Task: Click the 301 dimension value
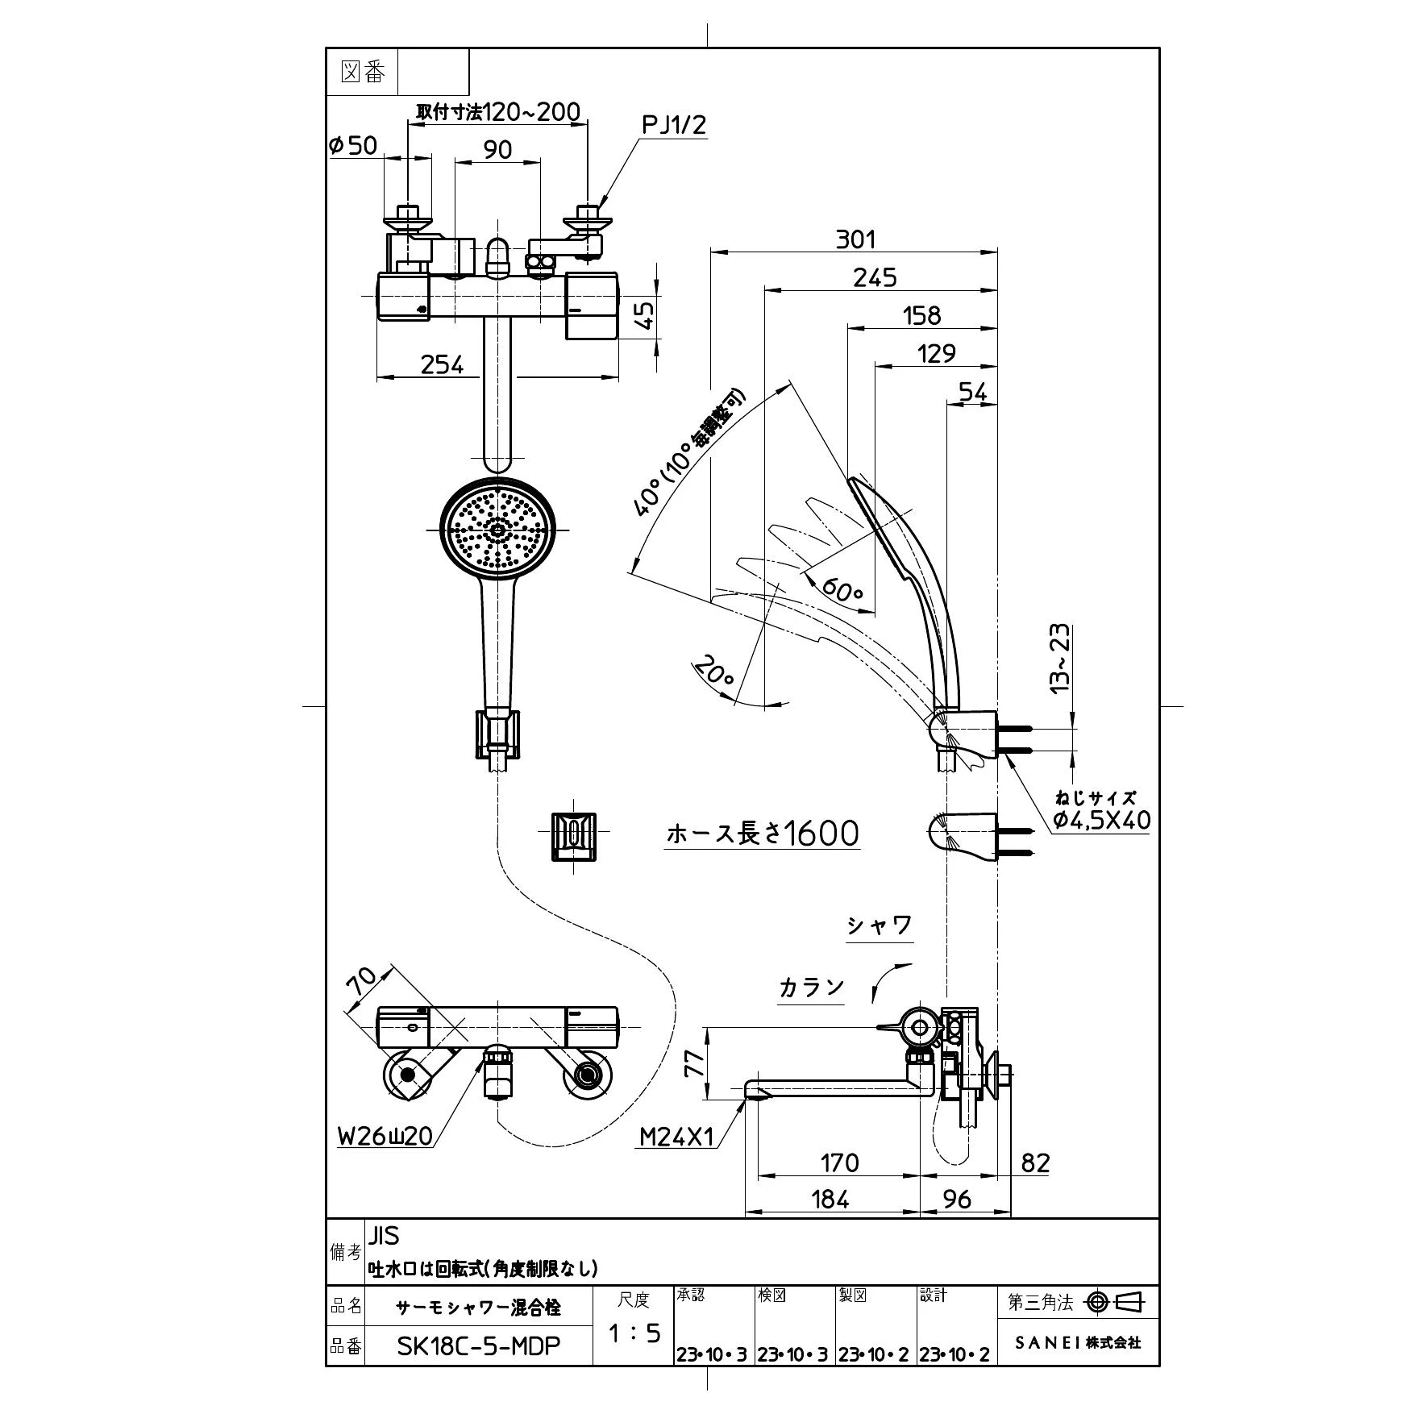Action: point(855,239)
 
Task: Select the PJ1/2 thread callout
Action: point(674,125)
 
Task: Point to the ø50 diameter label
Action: point(353,145)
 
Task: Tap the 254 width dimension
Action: point(443,365)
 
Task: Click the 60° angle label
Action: point(842,592)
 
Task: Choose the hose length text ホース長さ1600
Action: point(763,834)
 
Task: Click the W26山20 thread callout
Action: point(385,1136)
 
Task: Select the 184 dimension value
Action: point(831,1200)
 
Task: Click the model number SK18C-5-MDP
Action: point(479,1346)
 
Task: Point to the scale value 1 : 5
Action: point(634,1333)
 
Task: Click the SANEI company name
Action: point(1078,1343)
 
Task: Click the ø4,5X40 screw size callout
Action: point(1102,821)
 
